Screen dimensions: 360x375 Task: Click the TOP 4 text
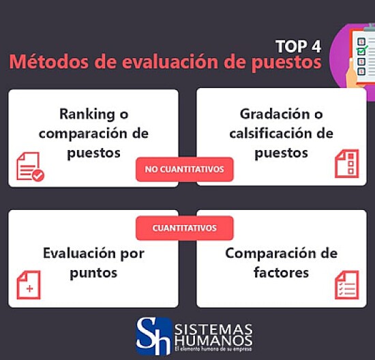coord(298,46)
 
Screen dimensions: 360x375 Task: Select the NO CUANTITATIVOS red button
coord(184,169)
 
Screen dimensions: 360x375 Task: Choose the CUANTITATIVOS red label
coord(184,228)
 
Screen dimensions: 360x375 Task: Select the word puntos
coord(93,273)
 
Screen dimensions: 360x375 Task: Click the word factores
coord(281,273)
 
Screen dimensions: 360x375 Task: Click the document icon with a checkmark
coord(29,166)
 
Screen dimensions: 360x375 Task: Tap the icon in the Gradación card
coord(346,164)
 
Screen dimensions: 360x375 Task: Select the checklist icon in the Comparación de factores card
coord(346,284)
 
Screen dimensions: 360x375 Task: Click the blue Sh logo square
coord(153,335)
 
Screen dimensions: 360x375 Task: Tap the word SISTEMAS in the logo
coord(213,329)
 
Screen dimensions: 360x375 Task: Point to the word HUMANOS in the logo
coord(213,340)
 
